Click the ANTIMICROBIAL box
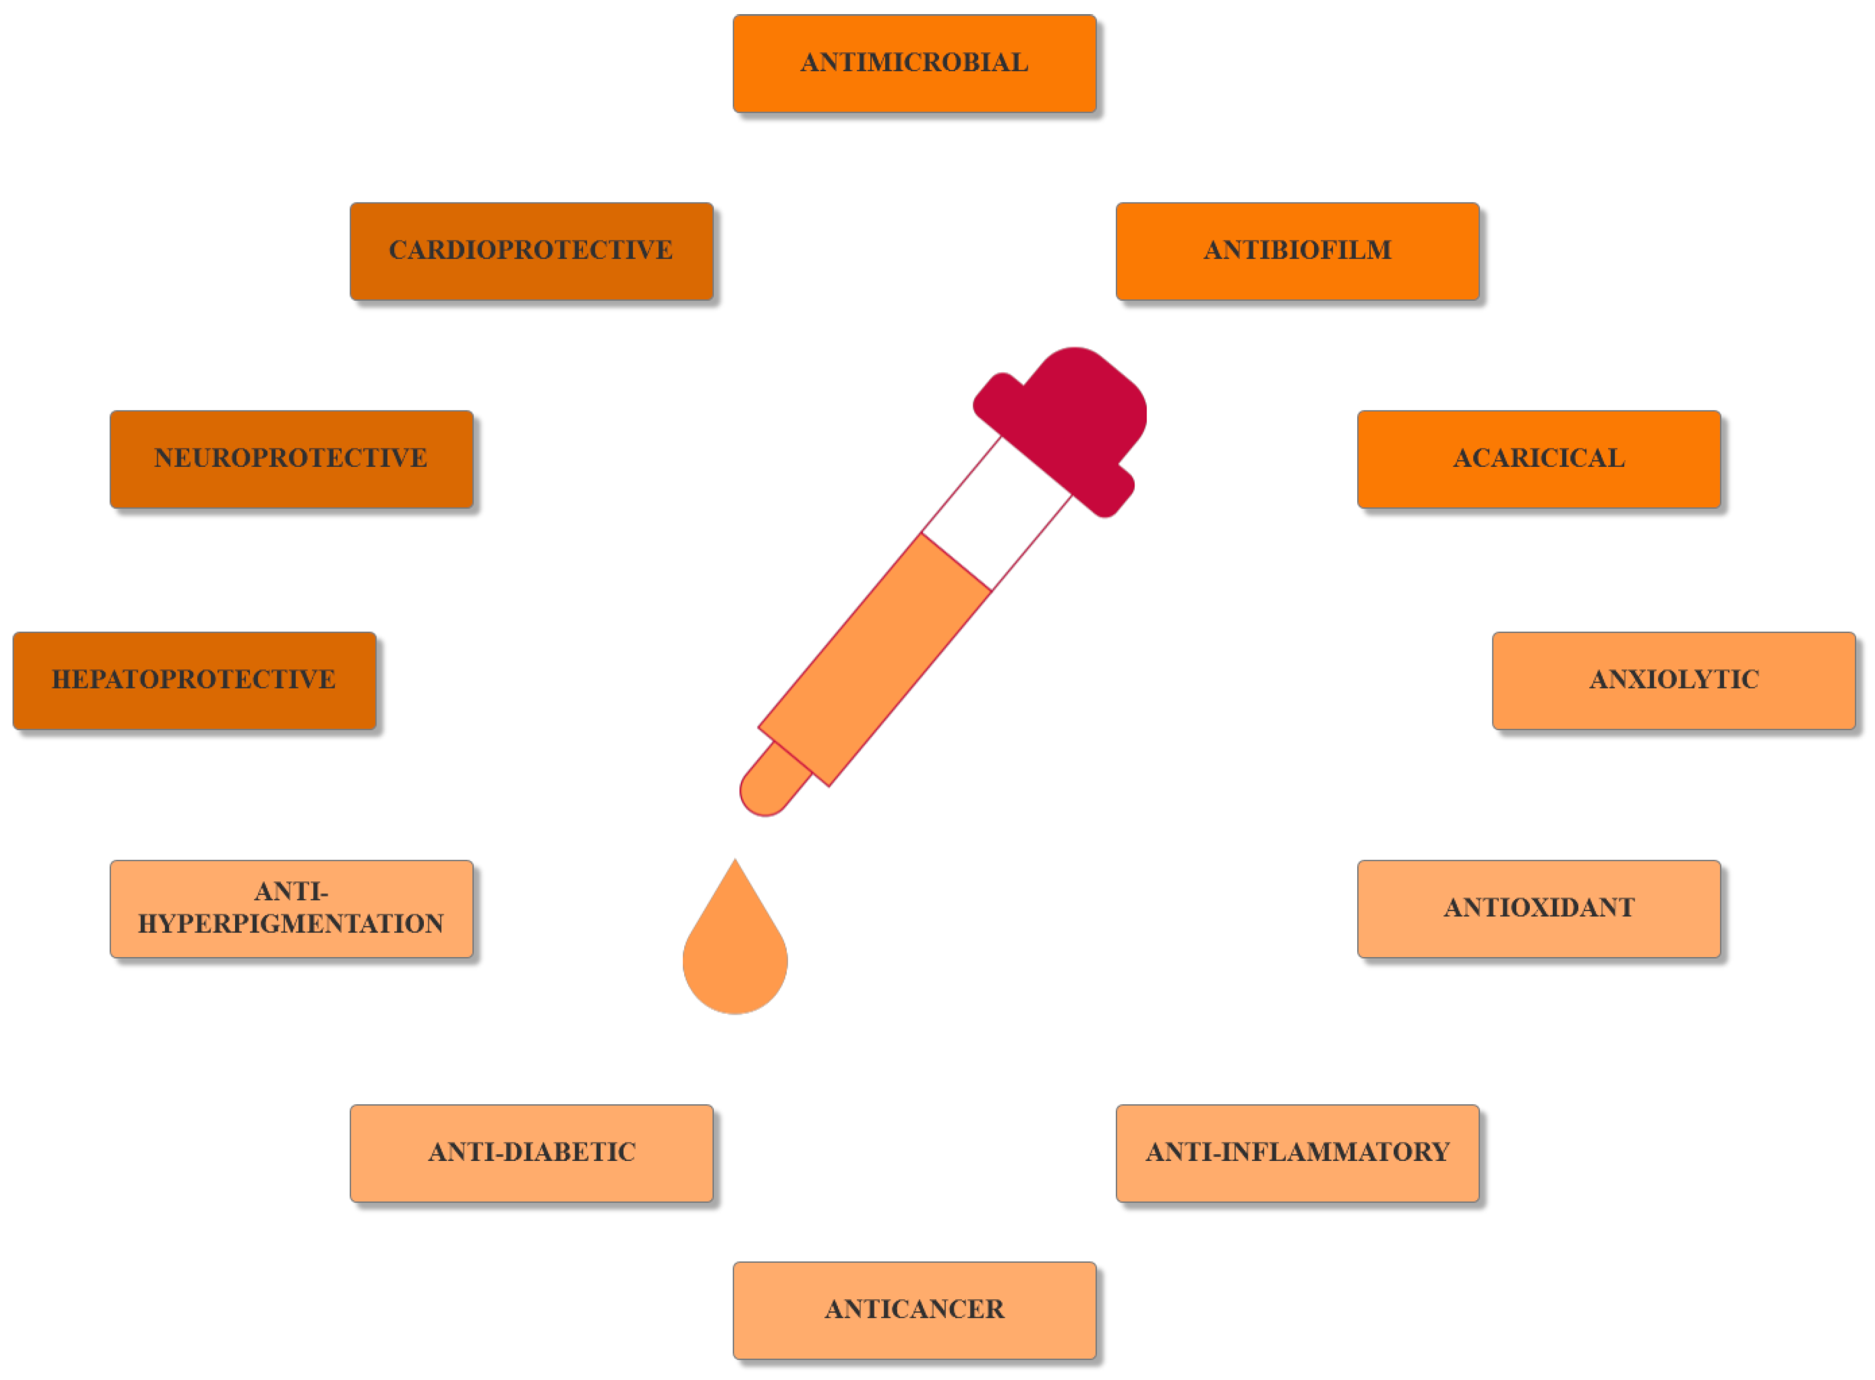pos(915,64)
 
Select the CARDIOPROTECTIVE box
pos(531,251)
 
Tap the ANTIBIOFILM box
pos(1297,251)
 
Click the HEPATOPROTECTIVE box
pos(194,681)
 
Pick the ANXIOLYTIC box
pos(1674,681)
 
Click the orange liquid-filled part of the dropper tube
pos(874,660)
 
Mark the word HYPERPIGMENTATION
pos(290,924)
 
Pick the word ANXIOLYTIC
pos(1674,680)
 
